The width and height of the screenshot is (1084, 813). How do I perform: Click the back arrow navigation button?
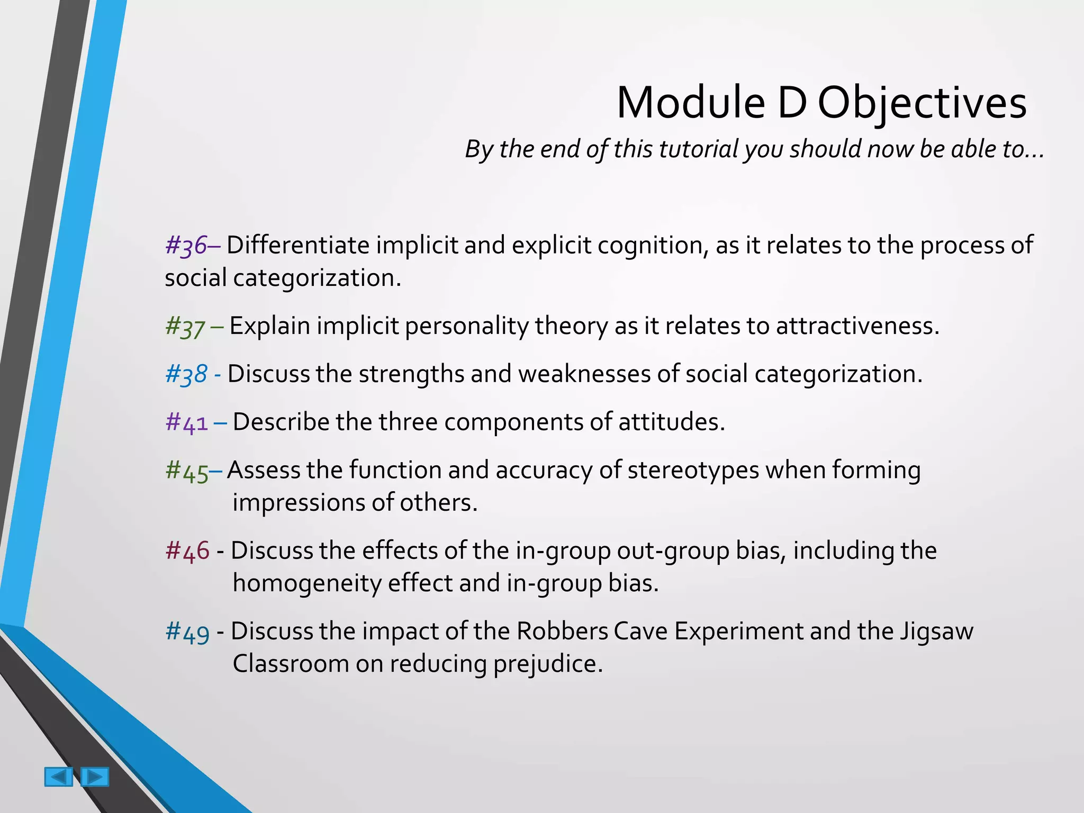[58, 776]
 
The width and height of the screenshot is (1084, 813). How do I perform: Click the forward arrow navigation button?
[95, 776]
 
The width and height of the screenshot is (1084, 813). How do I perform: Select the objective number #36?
[186, 246]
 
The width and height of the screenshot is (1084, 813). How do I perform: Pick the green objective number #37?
[185, 327]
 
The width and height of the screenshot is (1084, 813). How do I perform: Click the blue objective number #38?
[186, 374]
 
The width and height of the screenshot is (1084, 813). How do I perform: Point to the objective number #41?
[187, 422]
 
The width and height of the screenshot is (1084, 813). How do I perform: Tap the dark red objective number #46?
[187, 551]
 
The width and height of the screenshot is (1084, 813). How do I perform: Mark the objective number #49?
[187, 631]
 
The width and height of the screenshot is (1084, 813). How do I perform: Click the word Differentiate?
[298, 245]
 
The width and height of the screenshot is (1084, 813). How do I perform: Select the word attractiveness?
[857, 326]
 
